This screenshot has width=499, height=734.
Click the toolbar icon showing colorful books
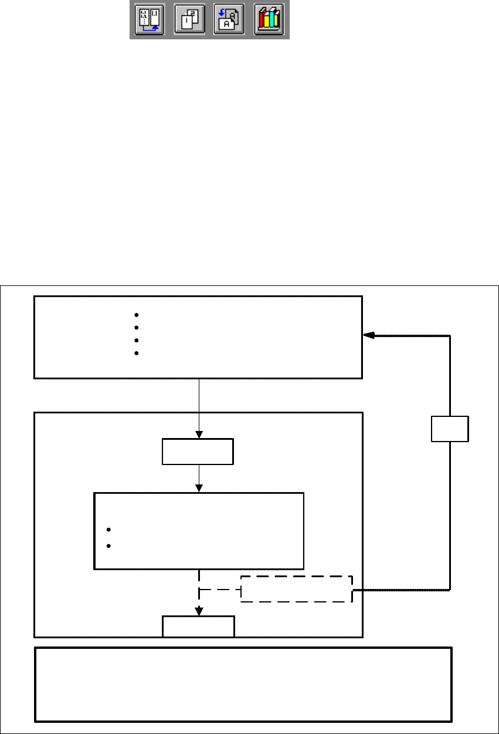pos(269,21)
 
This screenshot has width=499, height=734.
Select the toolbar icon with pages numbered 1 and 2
pos(189,21)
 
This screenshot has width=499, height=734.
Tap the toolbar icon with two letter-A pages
pos(229,21)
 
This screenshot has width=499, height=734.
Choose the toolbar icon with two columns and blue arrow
pos(150,21)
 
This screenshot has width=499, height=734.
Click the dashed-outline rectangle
pos(297,589)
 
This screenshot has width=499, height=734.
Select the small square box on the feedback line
pos(450,429)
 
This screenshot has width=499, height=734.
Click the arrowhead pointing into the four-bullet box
pos(368,335)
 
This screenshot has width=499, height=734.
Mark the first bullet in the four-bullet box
pos(136,314)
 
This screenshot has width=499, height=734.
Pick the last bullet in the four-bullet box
pos(136,353)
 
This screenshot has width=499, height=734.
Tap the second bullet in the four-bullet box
pos(136,327)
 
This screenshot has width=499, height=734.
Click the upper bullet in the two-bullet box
pos(109,530)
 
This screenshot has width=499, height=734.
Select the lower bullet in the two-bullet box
pos(109,546)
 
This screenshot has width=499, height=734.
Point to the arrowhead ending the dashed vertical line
pos(199,610)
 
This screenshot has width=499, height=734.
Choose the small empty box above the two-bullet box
pos(198,451)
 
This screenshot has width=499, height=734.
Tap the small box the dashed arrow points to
pos(198,626)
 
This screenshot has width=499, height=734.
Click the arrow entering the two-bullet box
pos(199,486)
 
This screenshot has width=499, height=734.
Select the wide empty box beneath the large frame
pos(243,684)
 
